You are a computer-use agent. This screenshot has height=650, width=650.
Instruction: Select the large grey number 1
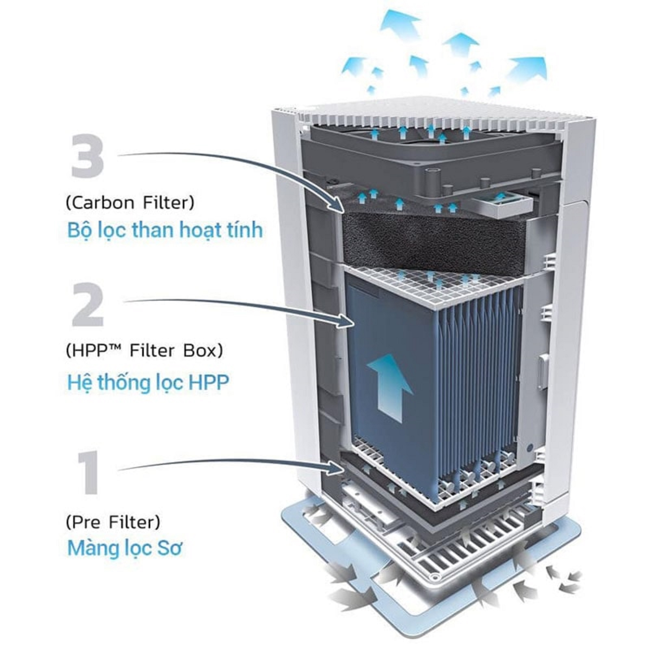point(88,473)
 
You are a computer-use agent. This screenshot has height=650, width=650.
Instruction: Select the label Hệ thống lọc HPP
point(148,383)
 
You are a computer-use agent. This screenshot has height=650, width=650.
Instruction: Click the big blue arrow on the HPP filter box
point(390,387)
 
